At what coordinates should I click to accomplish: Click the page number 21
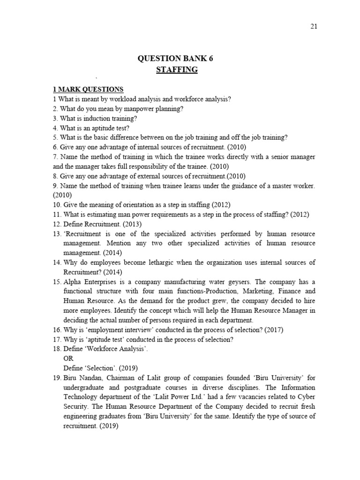click(x=314, y=26)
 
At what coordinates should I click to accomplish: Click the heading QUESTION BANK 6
click(x=178, y=59)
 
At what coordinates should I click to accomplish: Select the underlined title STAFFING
click(x=177, y=70)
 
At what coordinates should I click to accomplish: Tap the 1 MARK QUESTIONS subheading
click(x=88, y=90)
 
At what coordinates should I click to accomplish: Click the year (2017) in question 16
click(x=274, y=330)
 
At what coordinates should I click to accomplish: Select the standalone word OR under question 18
click(x=68, y=358)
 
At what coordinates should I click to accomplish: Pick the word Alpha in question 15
click(x=72, y=282)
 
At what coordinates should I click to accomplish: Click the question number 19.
click(x=57, y=378)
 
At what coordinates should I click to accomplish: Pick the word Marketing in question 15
click(x=253, y=291)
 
